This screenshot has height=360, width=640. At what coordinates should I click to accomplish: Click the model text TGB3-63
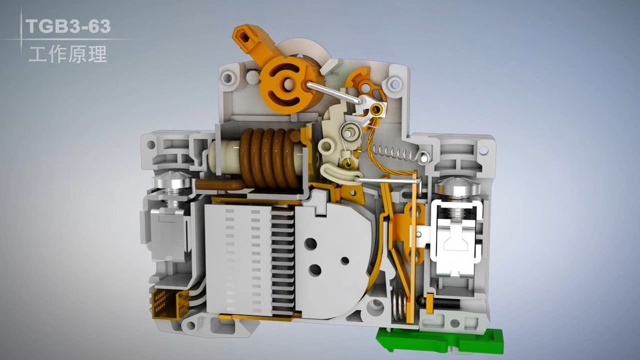click(x=68, y=26)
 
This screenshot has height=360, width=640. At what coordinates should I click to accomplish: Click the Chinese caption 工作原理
click(x=68, y=54)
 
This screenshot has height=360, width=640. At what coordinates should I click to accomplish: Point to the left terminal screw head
click(x=172, y=181)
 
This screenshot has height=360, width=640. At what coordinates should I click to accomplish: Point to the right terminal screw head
click(x=456, y=186)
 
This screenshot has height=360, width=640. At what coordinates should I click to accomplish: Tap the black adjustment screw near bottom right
click(x=442, y=302)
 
